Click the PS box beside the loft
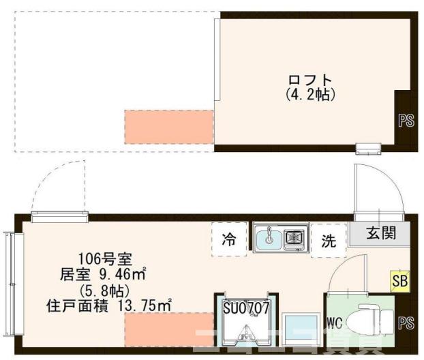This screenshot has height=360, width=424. pos(406,120)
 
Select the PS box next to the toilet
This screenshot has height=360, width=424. pos(406,322)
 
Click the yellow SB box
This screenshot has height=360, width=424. pos(399,280)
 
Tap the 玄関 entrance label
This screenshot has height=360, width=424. pos(380,232)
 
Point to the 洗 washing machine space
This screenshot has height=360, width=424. pos(329,241)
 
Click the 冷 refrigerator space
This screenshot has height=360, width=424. pos(228,239)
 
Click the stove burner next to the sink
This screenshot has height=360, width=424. pos(296,237)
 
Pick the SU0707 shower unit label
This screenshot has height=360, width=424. pos(246,307)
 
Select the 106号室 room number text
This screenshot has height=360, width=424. pos(100,259)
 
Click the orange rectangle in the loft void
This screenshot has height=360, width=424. pos(169,125)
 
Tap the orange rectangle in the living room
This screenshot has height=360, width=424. pos(169,329)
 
